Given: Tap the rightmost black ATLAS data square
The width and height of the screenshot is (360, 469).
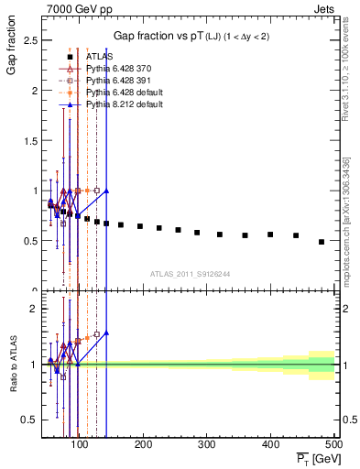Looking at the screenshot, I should pyautogui.click(x=322, y=242).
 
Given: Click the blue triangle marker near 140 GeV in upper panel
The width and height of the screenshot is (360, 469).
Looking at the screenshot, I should pyautogui.click(x=106, y=191).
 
